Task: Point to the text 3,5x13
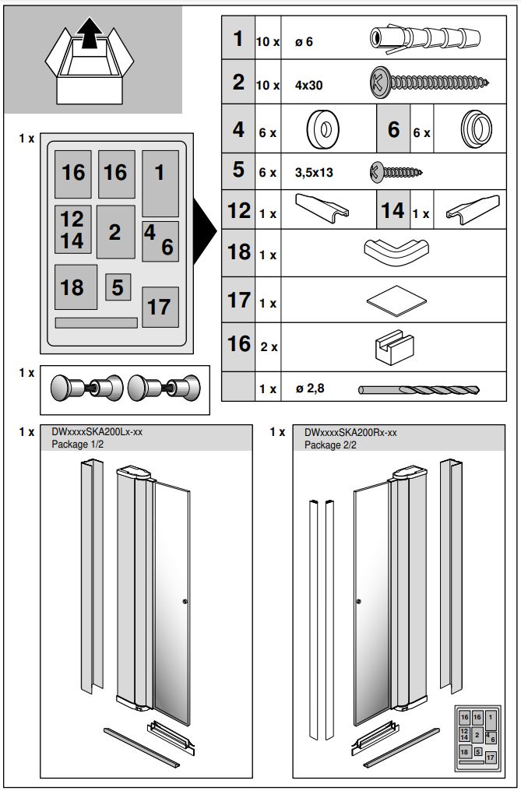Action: (x=314, y=173)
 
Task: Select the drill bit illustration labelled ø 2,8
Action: (x=419, y=388)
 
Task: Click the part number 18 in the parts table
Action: (x=238, y=253)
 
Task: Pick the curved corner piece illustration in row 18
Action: (x=396, y=253)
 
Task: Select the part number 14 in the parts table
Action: (x=393, y=211)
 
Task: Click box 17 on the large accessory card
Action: (x=160, y=307)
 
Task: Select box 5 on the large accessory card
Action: (x=118, y=287)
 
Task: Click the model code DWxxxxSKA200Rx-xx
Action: (x=350, y=431)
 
